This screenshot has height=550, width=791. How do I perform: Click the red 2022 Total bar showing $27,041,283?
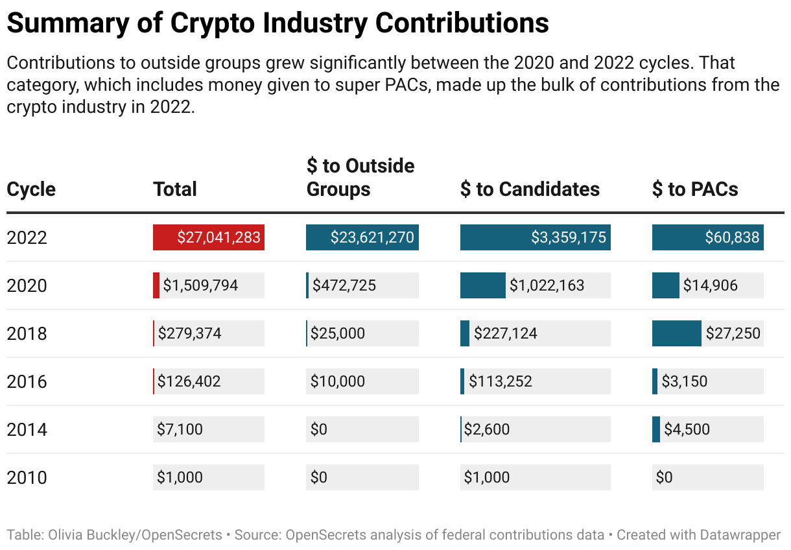[208, 237]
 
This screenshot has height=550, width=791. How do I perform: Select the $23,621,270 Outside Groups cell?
[362, 237]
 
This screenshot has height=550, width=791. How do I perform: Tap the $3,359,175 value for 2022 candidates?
[569, 237]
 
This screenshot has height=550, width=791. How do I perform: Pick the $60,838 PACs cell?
[732, 237]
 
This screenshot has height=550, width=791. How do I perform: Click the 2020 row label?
[27, 285]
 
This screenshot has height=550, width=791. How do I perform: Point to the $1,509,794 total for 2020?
[200, 285]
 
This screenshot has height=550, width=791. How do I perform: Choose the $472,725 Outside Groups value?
[344, 285]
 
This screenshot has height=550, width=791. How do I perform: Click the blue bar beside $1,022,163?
[482, 285]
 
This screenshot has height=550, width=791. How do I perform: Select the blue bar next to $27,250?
[676, 333]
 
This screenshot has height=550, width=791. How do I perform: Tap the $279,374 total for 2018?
[189, 333]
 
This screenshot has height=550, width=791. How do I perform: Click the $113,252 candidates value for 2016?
[500, 381]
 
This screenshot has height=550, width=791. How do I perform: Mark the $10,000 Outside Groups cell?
[337, 381]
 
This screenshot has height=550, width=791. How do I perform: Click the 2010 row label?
[27, 477]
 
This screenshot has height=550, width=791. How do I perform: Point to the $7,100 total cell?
[180, 429]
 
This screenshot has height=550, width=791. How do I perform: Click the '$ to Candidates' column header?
[530, 189]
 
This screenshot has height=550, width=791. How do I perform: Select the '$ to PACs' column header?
[695, 189]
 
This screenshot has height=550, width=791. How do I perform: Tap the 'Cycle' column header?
[31, 189]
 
